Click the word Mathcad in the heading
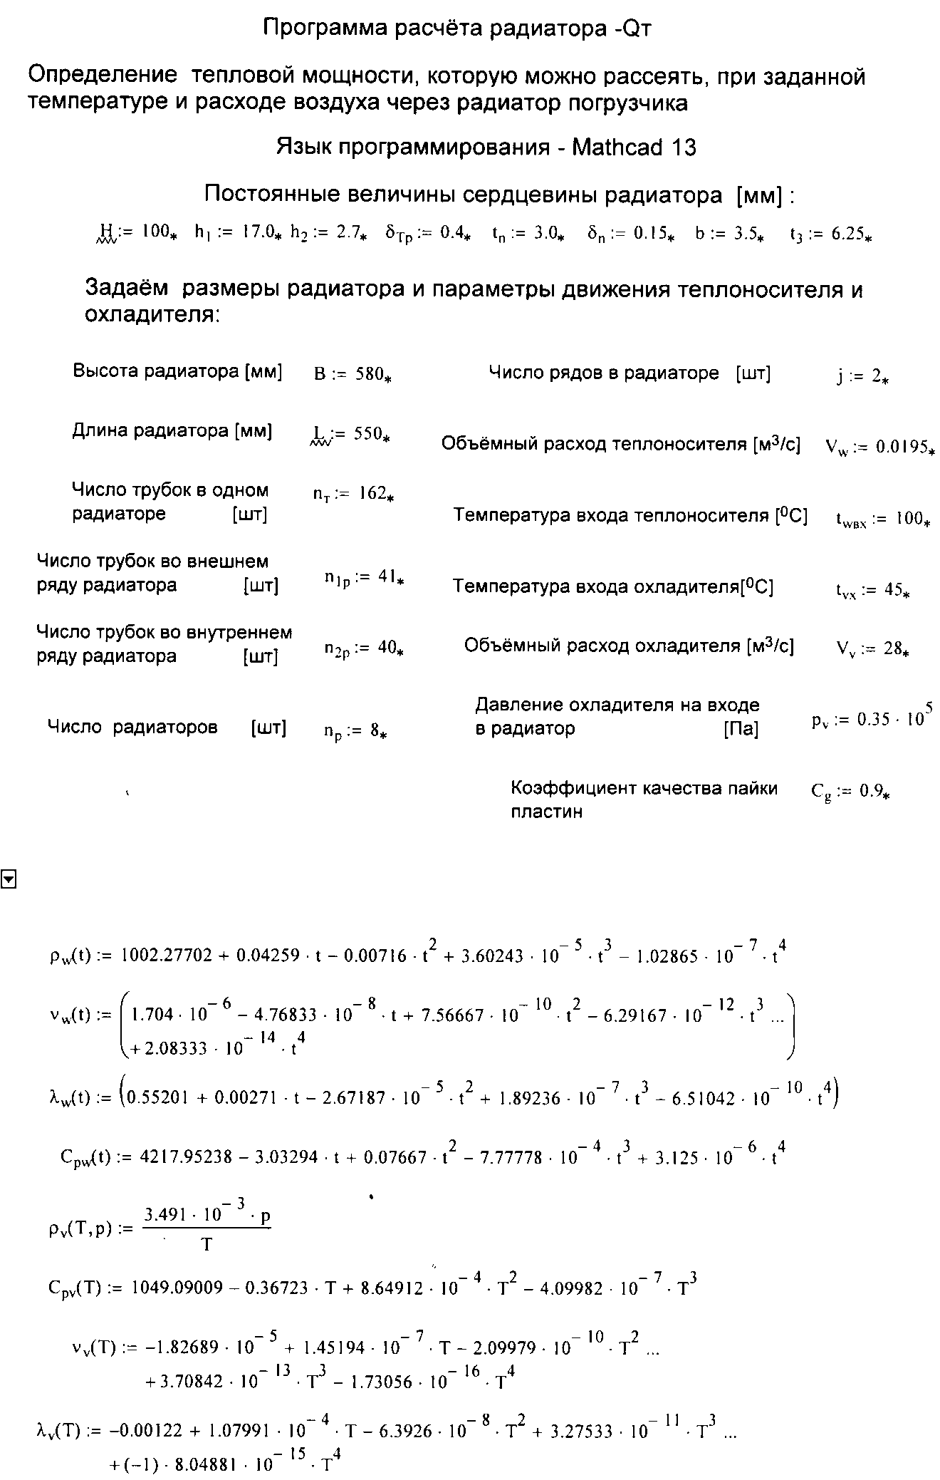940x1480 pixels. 618,148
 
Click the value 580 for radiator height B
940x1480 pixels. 369,373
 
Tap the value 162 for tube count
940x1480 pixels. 372,493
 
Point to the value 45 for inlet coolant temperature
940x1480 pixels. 892,590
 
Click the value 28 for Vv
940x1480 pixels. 892,649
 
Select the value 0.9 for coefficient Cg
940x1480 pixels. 871,790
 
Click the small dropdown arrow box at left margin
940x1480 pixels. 9,880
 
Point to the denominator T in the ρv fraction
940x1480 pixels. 207,1244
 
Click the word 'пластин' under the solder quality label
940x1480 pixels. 546,812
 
